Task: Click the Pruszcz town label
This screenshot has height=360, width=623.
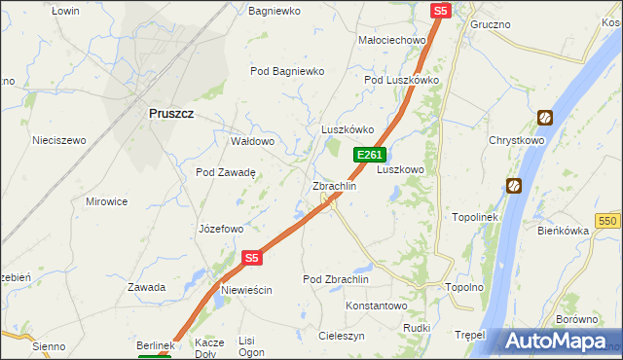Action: pos(171,113)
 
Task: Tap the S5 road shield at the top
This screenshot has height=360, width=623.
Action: pos(441,11)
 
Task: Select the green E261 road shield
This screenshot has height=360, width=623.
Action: pos(370,155)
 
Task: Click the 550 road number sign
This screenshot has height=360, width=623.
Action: pos(609,221)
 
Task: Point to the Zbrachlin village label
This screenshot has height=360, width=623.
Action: pos(334,186)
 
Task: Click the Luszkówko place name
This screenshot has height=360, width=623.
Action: pos(348,129)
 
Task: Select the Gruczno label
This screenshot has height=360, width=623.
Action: pos(491,22)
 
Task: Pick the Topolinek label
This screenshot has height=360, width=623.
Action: pos(475,217)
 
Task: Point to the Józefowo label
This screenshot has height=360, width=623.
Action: pos(221,230)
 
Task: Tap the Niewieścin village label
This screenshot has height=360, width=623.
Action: pos(246,290)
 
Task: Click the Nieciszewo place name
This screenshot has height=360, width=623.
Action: pos(59,140)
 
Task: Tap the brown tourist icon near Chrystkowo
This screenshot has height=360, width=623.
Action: pos(545,118)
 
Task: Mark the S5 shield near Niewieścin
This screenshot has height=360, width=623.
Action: pos(252,258)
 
